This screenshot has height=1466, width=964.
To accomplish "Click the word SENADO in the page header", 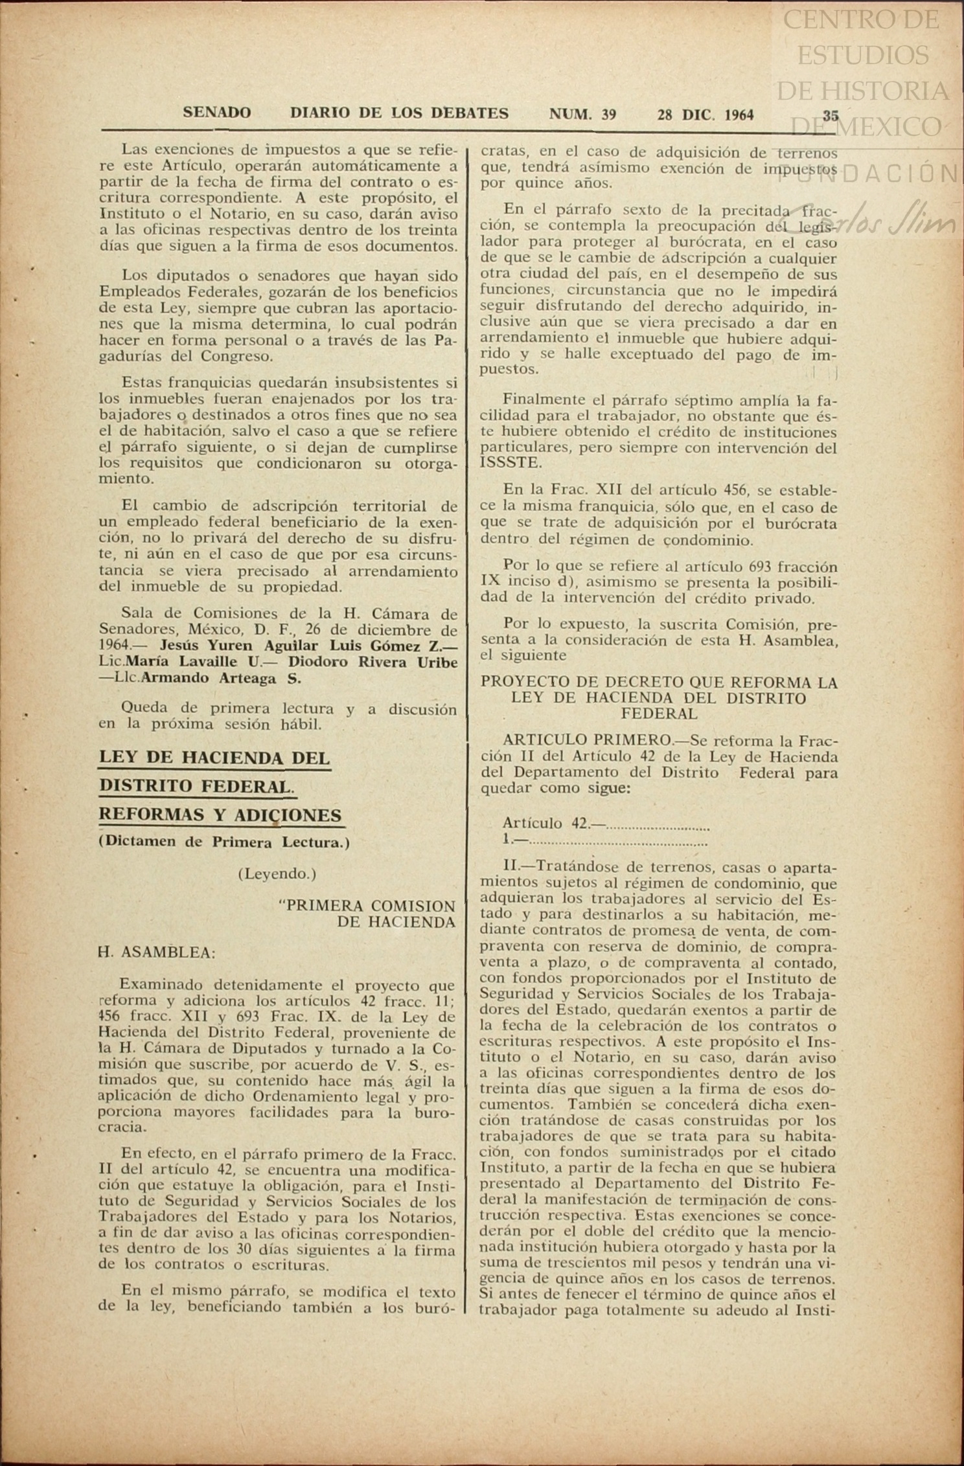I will click(216, 113).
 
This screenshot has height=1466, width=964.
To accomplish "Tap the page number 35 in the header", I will click(830, 115).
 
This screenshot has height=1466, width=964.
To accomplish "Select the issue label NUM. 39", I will click(582, 115).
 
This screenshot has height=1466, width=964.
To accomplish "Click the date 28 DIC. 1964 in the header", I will click(705, 115).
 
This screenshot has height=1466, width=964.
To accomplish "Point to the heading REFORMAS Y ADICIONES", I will click(220, 815).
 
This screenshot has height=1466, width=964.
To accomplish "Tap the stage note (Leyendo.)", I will click(277, 874).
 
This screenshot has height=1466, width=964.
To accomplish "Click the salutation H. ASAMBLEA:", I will click(157, 953).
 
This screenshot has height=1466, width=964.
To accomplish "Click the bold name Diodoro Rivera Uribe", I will click(373, 662).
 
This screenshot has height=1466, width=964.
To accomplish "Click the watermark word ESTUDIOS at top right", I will click(862, 56).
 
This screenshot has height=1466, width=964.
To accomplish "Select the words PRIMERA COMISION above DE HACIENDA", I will click(371, 905).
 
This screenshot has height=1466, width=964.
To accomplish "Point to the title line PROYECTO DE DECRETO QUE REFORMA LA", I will click(658, 682).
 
